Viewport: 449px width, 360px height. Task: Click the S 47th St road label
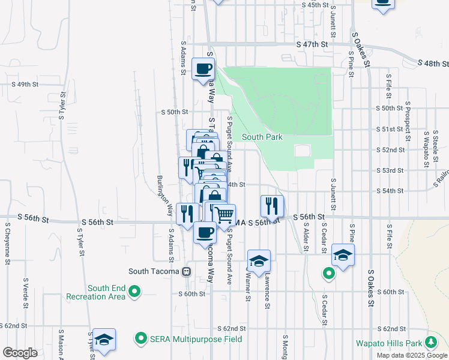coord(312,44)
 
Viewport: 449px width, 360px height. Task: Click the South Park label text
coord(262,137)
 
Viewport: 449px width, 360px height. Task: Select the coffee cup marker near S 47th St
coord(203,68)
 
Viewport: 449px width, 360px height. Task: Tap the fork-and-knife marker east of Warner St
coord(272,206)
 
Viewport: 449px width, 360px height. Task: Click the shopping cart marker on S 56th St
coord(224,214)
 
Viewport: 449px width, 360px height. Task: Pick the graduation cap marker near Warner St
coord(259,261)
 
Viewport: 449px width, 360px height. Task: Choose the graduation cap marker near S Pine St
coord(343,255)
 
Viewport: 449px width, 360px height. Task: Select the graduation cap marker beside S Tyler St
coord(104,340)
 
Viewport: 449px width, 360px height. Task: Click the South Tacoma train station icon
coord(187,271)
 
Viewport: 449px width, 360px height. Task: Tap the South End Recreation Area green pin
coord(135,292)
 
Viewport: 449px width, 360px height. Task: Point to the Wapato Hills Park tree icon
coord(430,343)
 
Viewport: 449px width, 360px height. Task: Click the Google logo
coord(20,353)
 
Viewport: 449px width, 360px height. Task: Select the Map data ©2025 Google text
coord(412,355)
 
